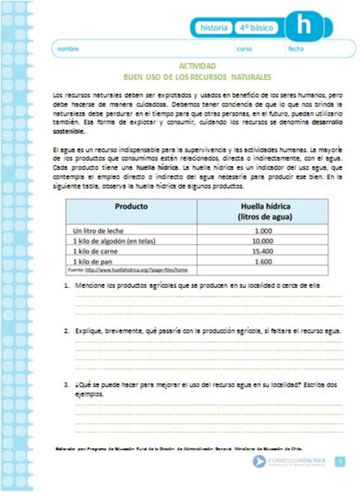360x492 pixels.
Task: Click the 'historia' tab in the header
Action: pyautogui.click(x=213, y=28)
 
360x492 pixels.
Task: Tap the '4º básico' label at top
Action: pyautogui.click(x=255, y=28)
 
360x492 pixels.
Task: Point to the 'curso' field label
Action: pyautogui.click(x=244, y=49)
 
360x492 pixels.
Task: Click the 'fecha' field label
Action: pyautogui.click(x=295, y=49)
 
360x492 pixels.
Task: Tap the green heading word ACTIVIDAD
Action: pyautogui.click(x=197, y=66)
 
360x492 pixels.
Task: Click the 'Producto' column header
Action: pyautogui.click(x=131, y=206)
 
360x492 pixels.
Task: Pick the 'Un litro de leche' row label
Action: pyautogui.click(x=98, y=231)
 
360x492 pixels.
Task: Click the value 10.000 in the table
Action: pyautogui.click(x=263, y=241)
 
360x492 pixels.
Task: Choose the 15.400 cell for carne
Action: pyautogui.click(x=263, y=251)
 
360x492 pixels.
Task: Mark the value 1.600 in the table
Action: pyautogui.click(x=263, y=261)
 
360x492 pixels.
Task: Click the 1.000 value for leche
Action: pyautogui.click(x=263, y=231)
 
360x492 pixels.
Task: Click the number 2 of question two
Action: pyautogui.click(x=66, y=331)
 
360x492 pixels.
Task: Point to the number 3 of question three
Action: pyautogui.click(x=66, y=385)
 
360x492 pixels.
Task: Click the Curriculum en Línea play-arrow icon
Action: pyautogui.click(x=259, y=461)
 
